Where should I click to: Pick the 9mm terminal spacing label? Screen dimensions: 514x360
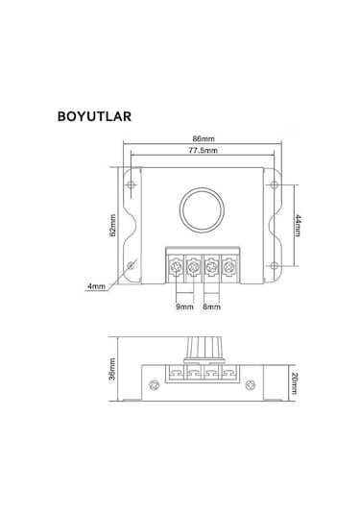point(182,306)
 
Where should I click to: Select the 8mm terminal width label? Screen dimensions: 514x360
point(212,306)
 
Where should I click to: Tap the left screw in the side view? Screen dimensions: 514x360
point(151,385)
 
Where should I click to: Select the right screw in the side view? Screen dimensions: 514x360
point(253,385)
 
